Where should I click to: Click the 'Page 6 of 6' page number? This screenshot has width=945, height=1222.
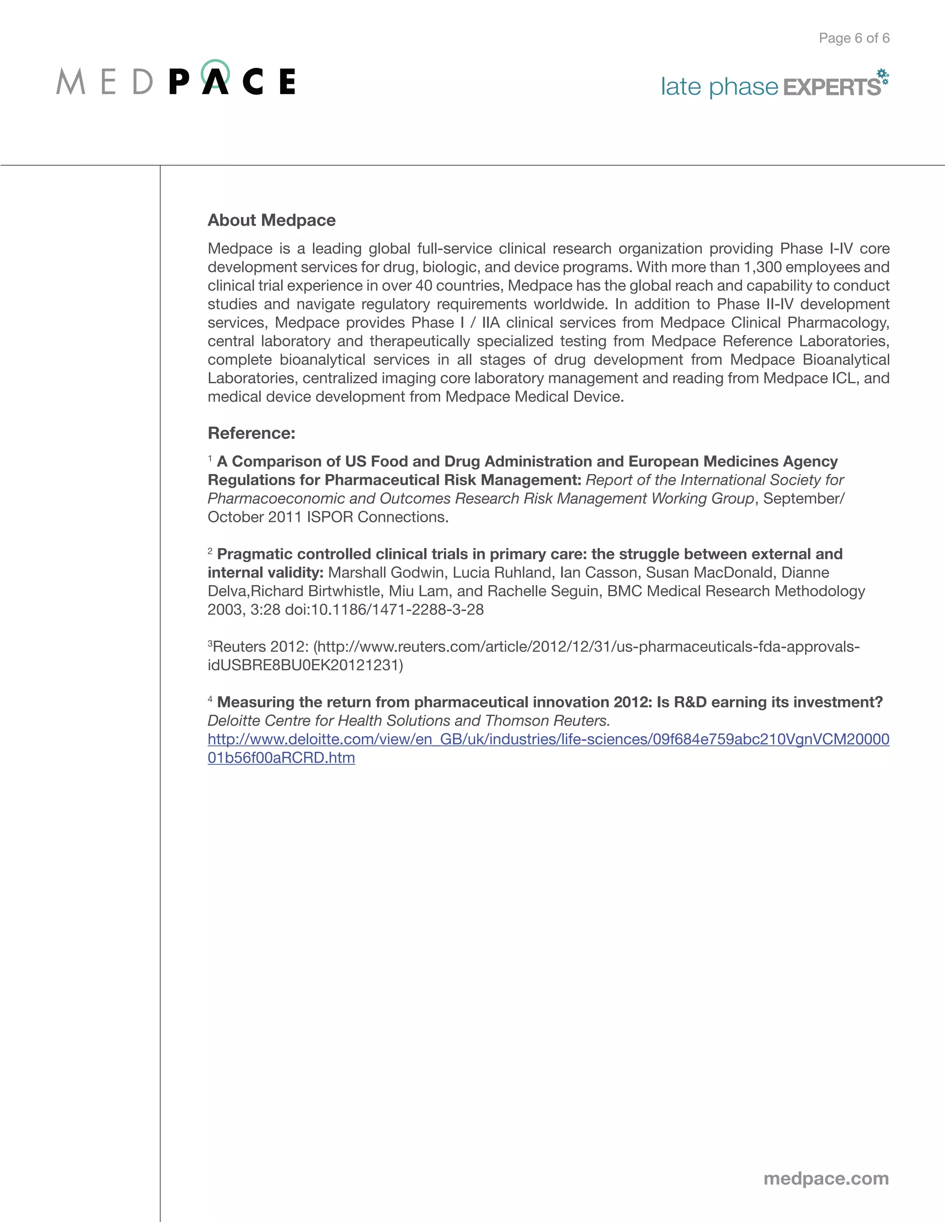coord(854,38)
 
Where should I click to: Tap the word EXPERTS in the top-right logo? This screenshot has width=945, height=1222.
coord(831,87)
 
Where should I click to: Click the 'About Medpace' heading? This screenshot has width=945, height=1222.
coord(271,220)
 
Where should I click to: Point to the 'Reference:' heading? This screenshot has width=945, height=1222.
coord(251,433)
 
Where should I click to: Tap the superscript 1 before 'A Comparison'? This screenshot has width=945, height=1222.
coord(210,459)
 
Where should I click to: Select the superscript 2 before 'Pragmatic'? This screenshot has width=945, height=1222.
coord(210,552)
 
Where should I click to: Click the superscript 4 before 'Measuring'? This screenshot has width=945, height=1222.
coord(210,700)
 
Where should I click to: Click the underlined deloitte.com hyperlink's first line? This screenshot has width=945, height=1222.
coord(548,739)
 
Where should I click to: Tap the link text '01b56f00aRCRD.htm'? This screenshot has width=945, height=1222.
coord(281,758)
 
